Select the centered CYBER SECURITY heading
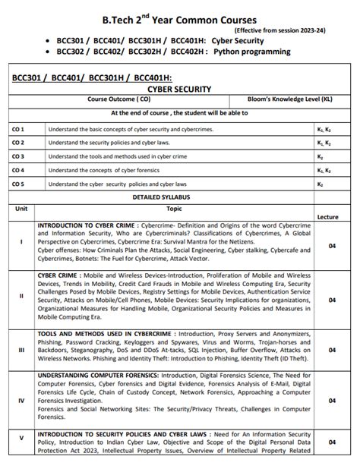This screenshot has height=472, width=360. coord(179,88)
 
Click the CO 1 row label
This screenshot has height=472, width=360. coord(18,130)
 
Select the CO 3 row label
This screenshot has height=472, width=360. coord(18,156)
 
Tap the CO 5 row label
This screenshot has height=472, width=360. coord(18,184)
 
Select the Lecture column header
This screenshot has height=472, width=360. coord(327,217)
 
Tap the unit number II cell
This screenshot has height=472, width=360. coord(21,296)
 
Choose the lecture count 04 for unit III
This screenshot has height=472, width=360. coord(332,349)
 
